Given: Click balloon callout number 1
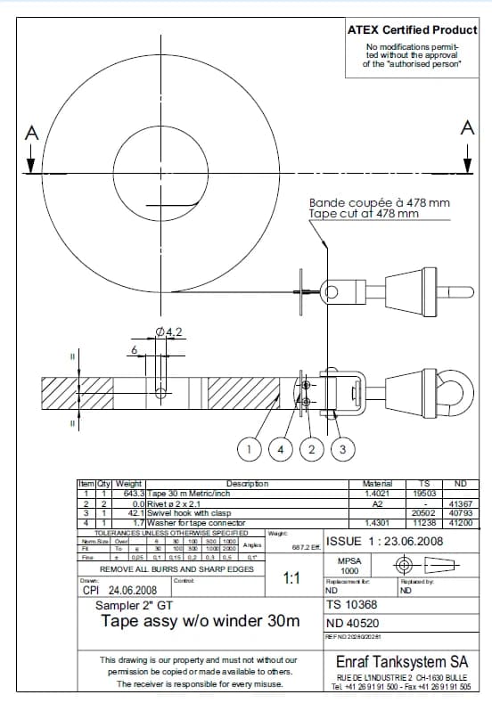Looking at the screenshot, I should tap(253, 448).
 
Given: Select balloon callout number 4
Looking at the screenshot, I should tap(282, 448).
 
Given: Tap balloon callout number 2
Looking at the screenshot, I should tap(312, 448).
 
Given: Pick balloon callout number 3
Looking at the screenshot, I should tap(341, 448).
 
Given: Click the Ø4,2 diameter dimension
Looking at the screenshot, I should tap(168, 332).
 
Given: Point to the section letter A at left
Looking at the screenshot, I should tap(32, 132).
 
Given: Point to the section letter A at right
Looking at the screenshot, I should tap(467, 128).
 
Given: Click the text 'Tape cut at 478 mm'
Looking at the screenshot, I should tap(364, 214).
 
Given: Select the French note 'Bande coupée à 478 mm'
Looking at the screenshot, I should tap(379, 203).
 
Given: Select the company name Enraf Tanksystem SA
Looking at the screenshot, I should tap(402, 662).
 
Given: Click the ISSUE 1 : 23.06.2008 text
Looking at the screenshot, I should tap(384, 541).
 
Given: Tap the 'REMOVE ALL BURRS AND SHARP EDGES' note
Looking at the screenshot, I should tap(176, 568).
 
